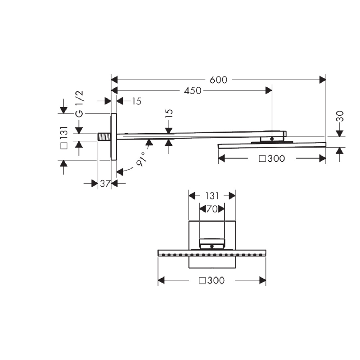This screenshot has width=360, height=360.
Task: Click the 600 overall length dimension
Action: tap(218, 80)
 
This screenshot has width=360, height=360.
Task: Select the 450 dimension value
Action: tap(192, 90)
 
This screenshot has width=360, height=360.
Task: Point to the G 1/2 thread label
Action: tap(79, 104)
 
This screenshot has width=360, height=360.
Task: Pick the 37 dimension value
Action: tap(105, 183)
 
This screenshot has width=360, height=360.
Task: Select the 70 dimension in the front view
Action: tap(211, 209)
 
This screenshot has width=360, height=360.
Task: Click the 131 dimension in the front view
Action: tap(211, 196)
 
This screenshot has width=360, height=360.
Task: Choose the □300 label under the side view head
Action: tap(272, 158)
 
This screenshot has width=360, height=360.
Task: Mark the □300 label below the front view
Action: tap(211, 280)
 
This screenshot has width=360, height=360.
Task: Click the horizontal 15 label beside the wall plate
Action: tap(136, 101)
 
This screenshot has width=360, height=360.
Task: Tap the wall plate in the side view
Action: tap(113, 137)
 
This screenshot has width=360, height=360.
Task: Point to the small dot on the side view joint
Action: tap(271, 139)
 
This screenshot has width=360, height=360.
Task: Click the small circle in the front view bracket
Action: tap(211, 247)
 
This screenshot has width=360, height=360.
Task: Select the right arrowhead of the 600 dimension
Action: tap(323, 80)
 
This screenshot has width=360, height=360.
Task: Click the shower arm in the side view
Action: tap(189, 135)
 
